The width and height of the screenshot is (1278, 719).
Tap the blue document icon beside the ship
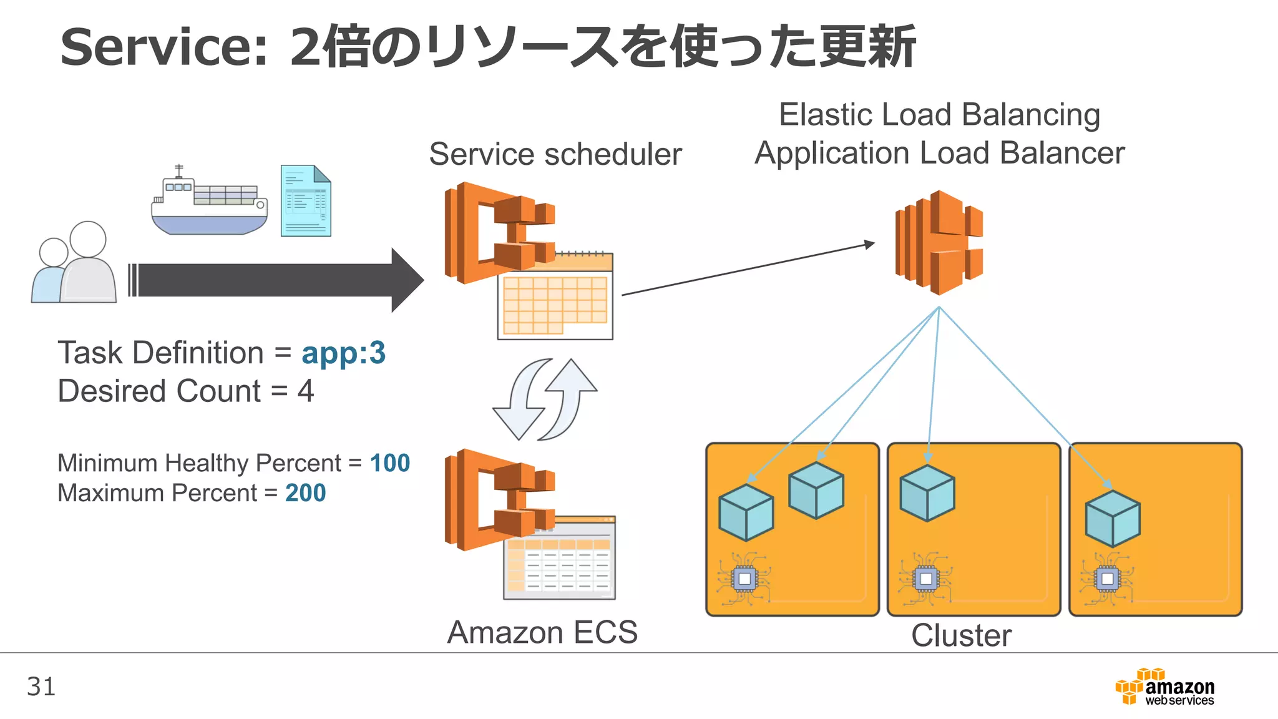coord(306,201)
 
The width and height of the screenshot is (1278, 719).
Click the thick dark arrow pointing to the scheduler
coord(275,280)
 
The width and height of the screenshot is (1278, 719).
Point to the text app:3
coord(343,353)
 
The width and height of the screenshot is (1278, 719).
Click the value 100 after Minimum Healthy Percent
coord(390,463)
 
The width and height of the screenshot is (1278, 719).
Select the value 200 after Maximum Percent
coord(305,493)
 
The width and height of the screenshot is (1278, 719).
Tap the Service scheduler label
coord(555,154)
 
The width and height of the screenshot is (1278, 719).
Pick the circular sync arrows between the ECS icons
coord(545,399)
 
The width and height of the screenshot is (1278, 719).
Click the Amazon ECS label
coord(542,632)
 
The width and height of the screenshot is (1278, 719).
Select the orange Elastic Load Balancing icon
coord(939,242)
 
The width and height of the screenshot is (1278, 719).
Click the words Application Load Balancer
coord(939,153)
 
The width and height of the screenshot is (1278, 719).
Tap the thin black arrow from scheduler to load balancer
coord(749,268)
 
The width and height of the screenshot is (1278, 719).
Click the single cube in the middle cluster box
coord(927,493)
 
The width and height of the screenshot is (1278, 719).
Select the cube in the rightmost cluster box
coord(1113,519)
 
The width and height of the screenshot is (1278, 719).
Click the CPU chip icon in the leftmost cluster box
coord(744,579)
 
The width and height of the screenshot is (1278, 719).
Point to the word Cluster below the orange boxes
coord(961,636)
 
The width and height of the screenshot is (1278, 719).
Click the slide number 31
coord(41,687)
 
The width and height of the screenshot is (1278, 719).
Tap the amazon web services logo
coord(1165,687)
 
